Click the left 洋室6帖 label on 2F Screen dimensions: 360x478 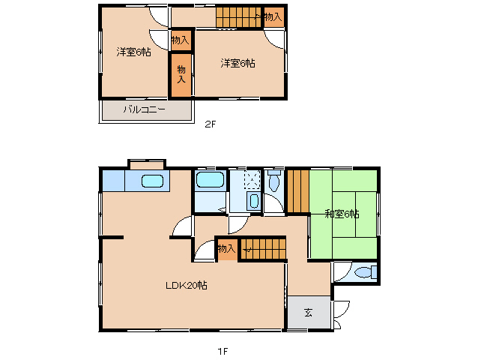[x=133, y=52]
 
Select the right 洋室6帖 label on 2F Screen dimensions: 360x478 [x=238, y=63]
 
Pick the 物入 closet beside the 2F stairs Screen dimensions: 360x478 [x=273, y=16]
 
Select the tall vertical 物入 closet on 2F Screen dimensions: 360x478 [x=181, y=74]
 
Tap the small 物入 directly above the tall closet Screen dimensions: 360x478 [x=180, y=40]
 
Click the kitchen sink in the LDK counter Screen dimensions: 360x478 [x=152, y=181]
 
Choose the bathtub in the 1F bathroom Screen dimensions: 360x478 [x=210, y=181]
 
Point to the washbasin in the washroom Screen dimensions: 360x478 [x=252, y=201]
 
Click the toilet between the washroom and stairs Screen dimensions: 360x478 [x=273, y=181]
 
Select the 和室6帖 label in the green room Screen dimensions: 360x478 [x=342, y=214]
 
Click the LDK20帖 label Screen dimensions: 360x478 [x=187, y=286]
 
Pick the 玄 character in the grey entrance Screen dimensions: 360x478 [x=309, y=313]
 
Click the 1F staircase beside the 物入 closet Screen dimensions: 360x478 [x=262, y=250]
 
